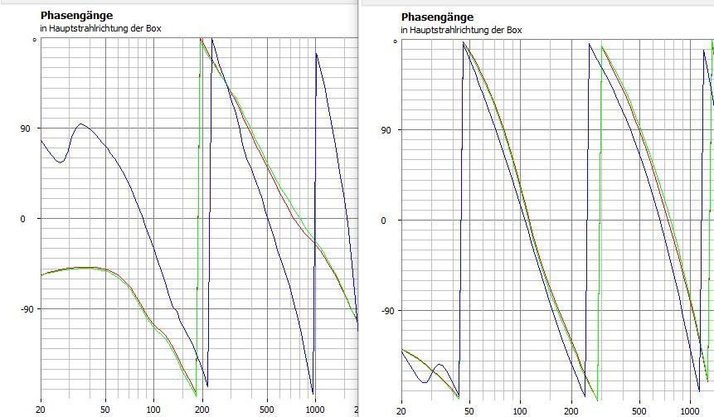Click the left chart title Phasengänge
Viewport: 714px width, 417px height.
click(x=76, y=15)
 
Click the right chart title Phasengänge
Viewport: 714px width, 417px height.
click(x=437, y=17)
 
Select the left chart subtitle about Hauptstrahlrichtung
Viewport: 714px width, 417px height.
click(x=100, y=29)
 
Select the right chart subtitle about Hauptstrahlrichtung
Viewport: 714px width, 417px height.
click(x=461, y=31)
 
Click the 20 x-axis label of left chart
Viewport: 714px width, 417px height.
click(x=41, y=410)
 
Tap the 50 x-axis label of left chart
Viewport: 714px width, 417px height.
click(x=104, y=410)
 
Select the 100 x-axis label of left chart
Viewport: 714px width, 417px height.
click(x=153, y=410)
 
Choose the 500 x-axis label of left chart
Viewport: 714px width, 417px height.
click(x=266, y=410)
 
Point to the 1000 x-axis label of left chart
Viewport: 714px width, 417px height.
click(x=314, y=410)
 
